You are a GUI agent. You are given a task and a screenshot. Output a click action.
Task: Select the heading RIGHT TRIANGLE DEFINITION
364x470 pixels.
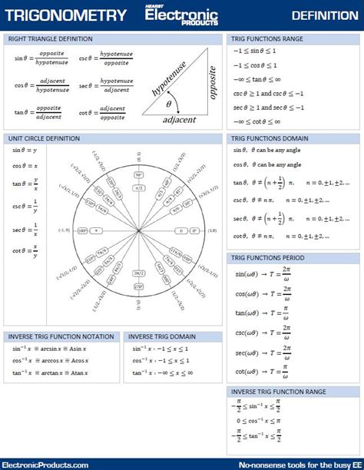pos(51,38)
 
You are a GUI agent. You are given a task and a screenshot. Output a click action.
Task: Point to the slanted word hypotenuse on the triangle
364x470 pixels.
pos(172,80)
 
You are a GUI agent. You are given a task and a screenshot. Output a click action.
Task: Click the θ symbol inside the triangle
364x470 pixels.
pos(170,103)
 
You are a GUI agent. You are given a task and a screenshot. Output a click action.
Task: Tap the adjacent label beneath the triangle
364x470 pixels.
pos(179,119)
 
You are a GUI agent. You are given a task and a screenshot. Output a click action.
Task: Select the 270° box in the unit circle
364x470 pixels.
pos(139,286)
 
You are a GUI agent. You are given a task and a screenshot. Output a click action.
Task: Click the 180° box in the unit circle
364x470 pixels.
pos(84,230)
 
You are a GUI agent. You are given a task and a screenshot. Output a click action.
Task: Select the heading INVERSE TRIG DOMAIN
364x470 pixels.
pos(162,336)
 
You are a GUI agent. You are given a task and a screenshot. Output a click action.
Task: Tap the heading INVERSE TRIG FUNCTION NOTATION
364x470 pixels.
pos(61,336)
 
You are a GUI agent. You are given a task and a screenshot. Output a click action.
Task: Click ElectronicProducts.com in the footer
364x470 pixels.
pos(45,465)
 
